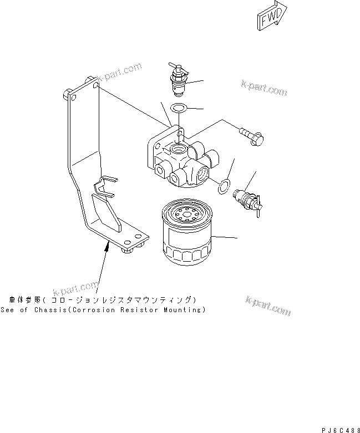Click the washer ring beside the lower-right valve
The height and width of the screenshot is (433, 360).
tap(222, 187)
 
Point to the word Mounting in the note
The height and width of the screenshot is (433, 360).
tap(182, 310)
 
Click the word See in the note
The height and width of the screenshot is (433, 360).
tap(8, 310)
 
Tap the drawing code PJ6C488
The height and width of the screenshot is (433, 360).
tap(339, 429)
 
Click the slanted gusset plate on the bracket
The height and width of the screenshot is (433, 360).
tap(108, 211)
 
